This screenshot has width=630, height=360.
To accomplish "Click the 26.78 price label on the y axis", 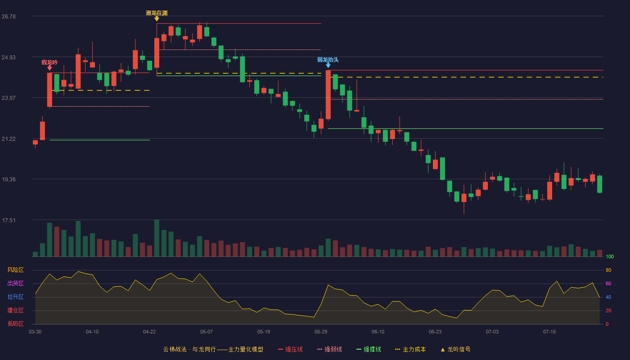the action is pyautogui.click(x=9, y=17).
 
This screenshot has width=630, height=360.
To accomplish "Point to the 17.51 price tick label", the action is pyautogui.click(x=9, y=220).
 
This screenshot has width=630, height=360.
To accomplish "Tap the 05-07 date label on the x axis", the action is pyautogui.click(x=207, y=332).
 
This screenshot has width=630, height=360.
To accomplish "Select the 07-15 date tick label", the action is pyautogui.click(x=549, y=332).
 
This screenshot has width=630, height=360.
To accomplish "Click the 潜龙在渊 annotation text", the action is pyautogui.click(x=157, y=13).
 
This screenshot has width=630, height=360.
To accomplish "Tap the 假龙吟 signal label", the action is pyautogui.click(x=49, y=62).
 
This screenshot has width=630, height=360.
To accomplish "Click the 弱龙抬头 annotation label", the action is pyautogui.click(x=328, y=59).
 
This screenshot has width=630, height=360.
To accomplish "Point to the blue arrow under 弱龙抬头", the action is pyautogui.click(x=328, y=66).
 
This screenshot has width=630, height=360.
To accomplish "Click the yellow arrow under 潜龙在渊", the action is pyautogui.click(x=157, y=19).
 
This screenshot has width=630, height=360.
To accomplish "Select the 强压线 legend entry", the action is pyautogui.click(x=290, y=349).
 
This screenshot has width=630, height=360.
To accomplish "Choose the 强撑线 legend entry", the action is pyautogui.click(x=369, y=349).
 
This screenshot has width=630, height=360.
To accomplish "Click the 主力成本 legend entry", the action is pyautogui.click(x=410, y=349).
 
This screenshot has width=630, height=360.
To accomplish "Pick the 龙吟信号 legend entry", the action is pyautogui.click(x=455, y=349).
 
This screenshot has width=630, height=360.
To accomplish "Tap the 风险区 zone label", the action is pyautogui.click(x=15, y=270).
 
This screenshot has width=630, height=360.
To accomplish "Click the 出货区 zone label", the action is pyautogui.click(x=15, y=283).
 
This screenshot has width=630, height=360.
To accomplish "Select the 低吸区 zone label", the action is pyautogui.click(x=15, y=324).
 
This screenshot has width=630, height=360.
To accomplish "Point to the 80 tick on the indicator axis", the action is pyautogui.click(x=608, y=270).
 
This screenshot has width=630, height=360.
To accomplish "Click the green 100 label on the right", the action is pyautogui.click(x=610, y=256).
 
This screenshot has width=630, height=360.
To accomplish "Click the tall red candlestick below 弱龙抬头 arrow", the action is pyautogui.click(x=328, y=95).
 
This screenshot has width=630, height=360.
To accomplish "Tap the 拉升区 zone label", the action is pyautogui.click(x=15, y=297).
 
